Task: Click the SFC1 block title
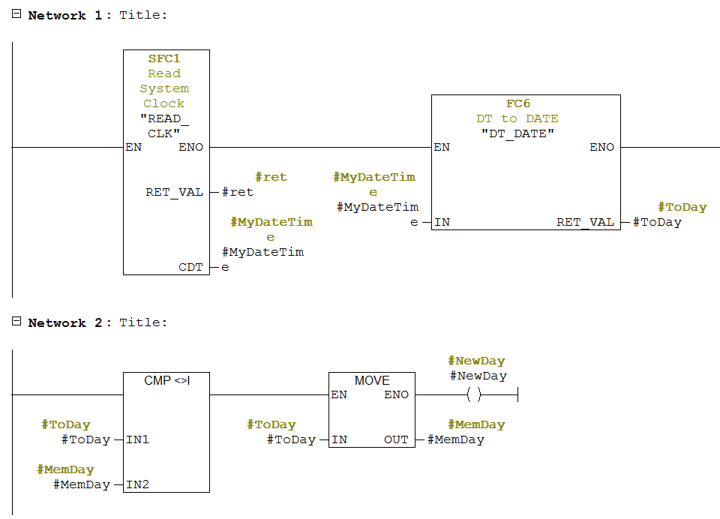(164, 58)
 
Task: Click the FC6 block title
(518, 103)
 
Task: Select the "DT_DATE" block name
(517, 133)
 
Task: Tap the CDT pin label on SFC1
(190, 267)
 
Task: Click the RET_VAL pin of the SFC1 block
(174, 192)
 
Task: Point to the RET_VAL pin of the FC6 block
(585, 222)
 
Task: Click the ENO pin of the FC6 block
(601, 147)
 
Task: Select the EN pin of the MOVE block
(339, 394)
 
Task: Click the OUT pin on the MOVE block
(396, 439)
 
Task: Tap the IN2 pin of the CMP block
(137, 484)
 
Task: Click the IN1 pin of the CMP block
(137, 439)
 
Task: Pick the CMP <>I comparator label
(166, 380)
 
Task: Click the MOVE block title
(372, 380)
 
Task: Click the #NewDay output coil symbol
(473, 394)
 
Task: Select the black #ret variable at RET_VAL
(238, 192)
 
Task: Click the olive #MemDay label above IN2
(65, 469)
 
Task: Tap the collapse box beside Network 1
(16, 14)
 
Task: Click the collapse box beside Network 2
(16, 322)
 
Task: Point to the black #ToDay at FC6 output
(657, 222)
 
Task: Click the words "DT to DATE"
(517, 118)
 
